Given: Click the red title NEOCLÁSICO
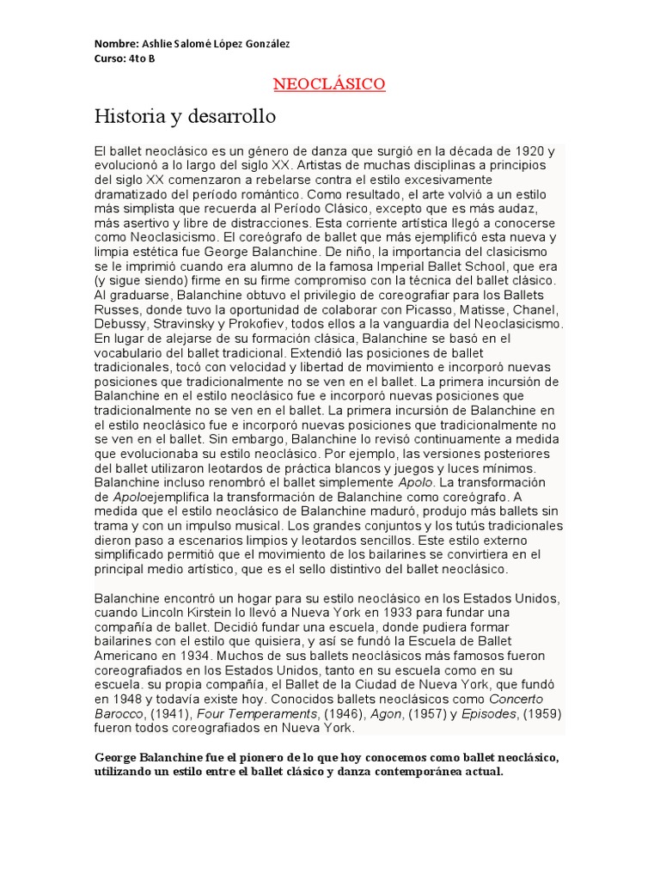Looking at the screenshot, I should point(329,84).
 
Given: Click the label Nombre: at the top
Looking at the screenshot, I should point(114,43).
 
